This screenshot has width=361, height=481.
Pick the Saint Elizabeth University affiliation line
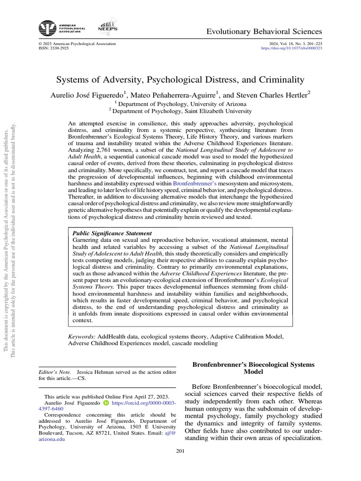[180, 111]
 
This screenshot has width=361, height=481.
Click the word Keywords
[82, 336]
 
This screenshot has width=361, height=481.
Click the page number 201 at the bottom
[180, 451]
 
